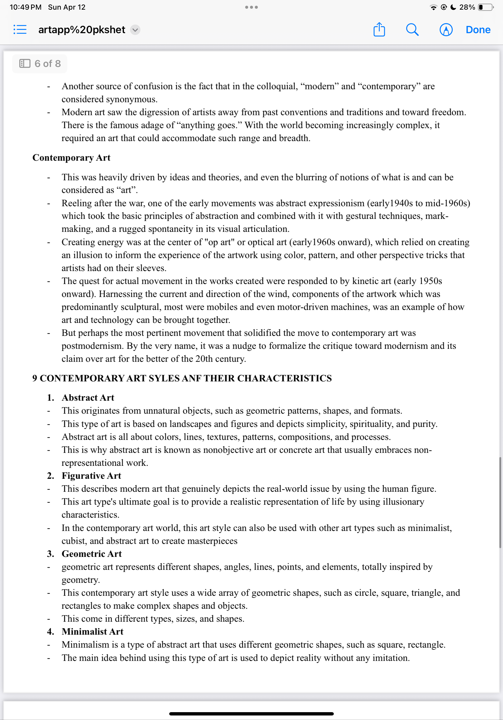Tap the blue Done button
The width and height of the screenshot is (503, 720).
478,30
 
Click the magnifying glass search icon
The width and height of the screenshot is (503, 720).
412,30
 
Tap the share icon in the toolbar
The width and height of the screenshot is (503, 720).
379,30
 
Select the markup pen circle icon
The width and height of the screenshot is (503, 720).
446,30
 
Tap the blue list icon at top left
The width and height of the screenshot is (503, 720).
20,30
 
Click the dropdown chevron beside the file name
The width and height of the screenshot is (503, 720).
135,30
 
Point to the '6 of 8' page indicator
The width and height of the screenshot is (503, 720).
40,64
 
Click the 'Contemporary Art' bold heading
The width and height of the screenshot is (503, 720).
71,158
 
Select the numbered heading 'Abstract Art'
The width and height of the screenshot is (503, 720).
88,398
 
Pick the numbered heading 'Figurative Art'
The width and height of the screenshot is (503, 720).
91,476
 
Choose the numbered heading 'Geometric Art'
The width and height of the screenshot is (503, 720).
92,554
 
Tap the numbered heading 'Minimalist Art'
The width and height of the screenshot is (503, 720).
93,632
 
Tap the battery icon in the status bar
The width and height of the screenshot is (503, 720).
485,7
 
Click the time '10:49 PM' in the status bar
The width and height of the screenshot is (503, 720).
25,7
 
